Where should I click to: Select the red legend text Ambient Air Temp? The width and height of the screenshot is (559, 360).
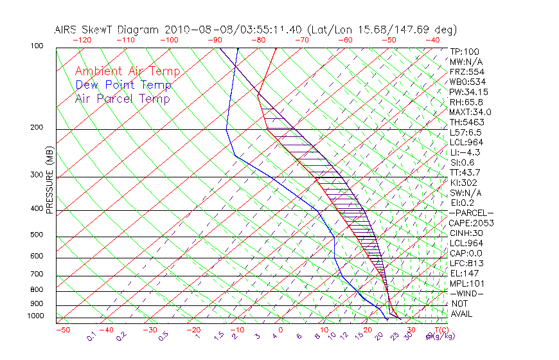(x=128, y=71)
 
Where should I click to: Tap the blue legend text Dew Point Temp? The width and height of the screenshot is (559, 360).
(x=123, y=85)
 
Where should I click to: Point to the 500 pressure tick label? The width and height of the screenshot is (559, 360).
(x=37, y=235)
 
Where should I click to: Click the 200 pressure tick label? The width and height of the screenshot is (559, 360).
(x=37, y=127)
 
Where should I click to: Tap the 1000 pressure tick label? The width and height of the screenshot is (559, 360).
(x=35, y=316)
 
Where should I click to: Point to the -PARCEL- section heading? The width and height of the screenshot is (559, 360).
(x=471, y=213)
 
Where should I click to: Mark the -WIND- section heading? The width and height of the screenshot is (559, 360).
(x=467, y=293)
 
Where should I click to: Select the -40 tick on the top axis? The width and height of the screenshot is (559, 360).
(x=432, y=40)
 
